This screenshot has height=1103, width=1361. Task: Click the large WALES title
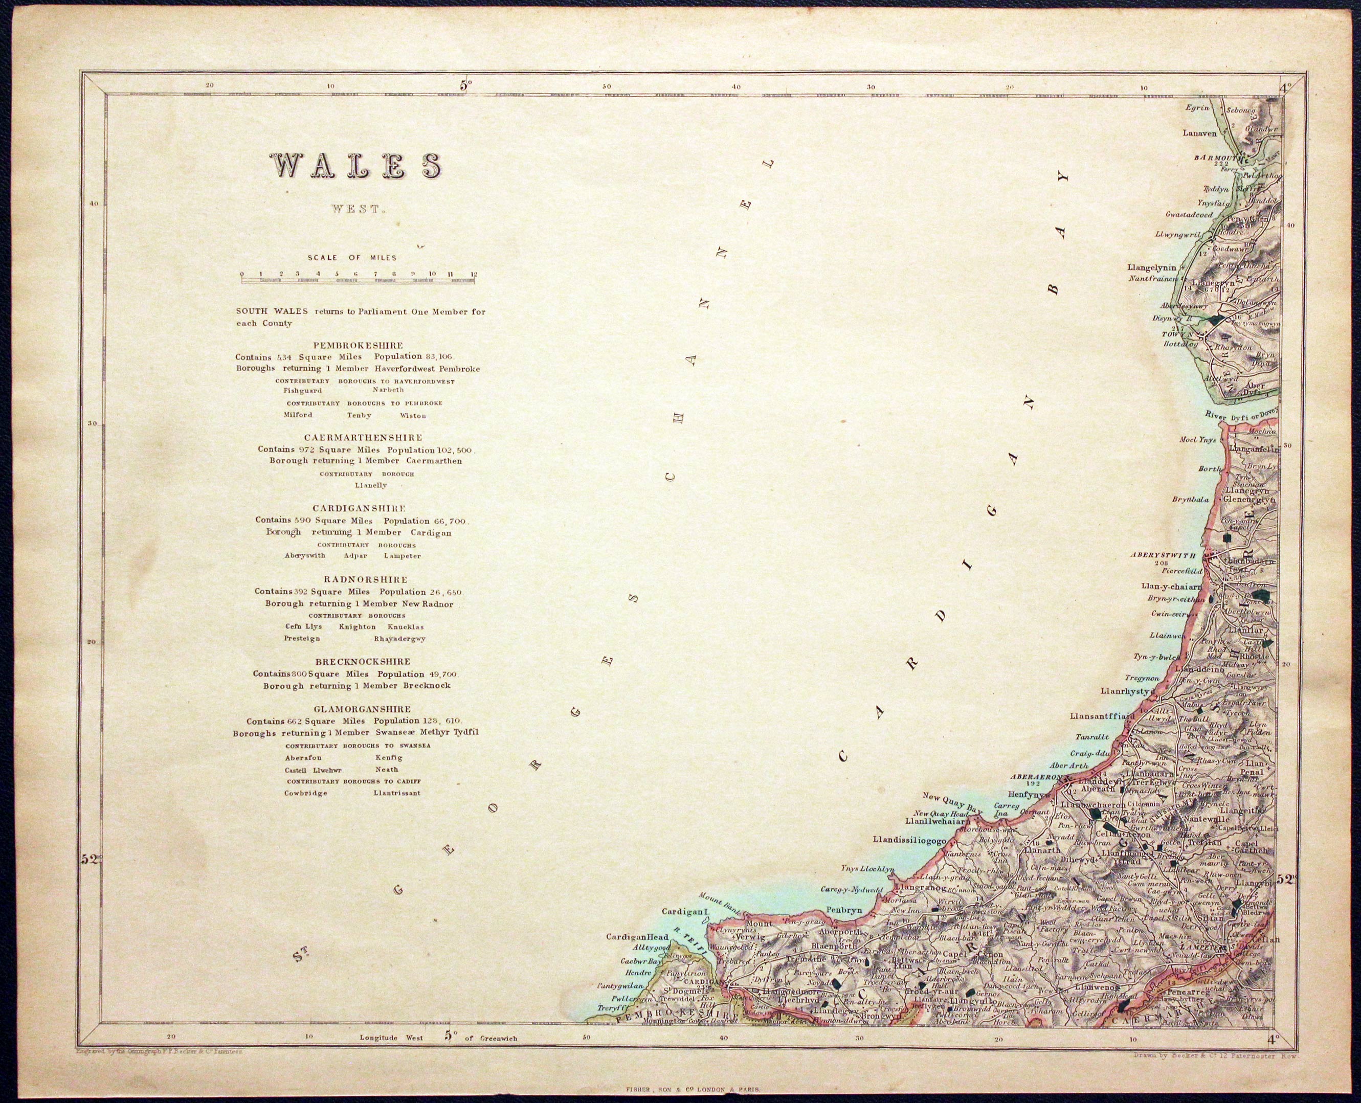[x=357, y=167]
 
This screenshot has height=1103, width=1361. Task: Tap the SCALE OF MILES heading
[x=352, y=258]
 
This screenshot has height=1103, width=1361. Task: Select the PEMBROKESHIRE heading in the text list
[x=358, y=346]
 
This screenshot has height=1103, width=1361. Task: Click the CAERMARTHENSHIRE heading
[x=363, y=438]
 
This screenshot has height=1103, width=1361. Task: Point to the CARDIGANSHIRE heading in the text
[x=359, y=508]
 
